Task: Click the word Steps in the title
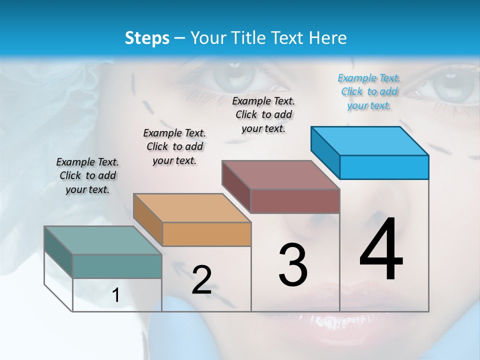[147, 38]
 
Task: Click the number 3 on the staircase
[292, 265]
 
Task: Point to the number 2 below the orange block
[201, 280]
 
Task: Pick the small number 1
[115, 295]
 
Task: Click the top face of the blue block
[369, 140]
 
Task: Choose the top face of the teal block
[102, 240]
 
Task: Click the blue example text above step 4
[369, 91]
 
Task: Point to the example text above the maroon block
[263, 114]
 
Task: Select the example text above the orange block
[174, 146]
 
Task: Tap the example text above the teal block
[87, 175]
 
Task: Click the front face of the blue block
[384, 167]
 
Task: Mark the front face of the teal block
[117, 266]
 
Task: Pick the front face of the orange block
[206, 234]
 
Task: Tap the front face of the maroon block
[295, 201]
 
